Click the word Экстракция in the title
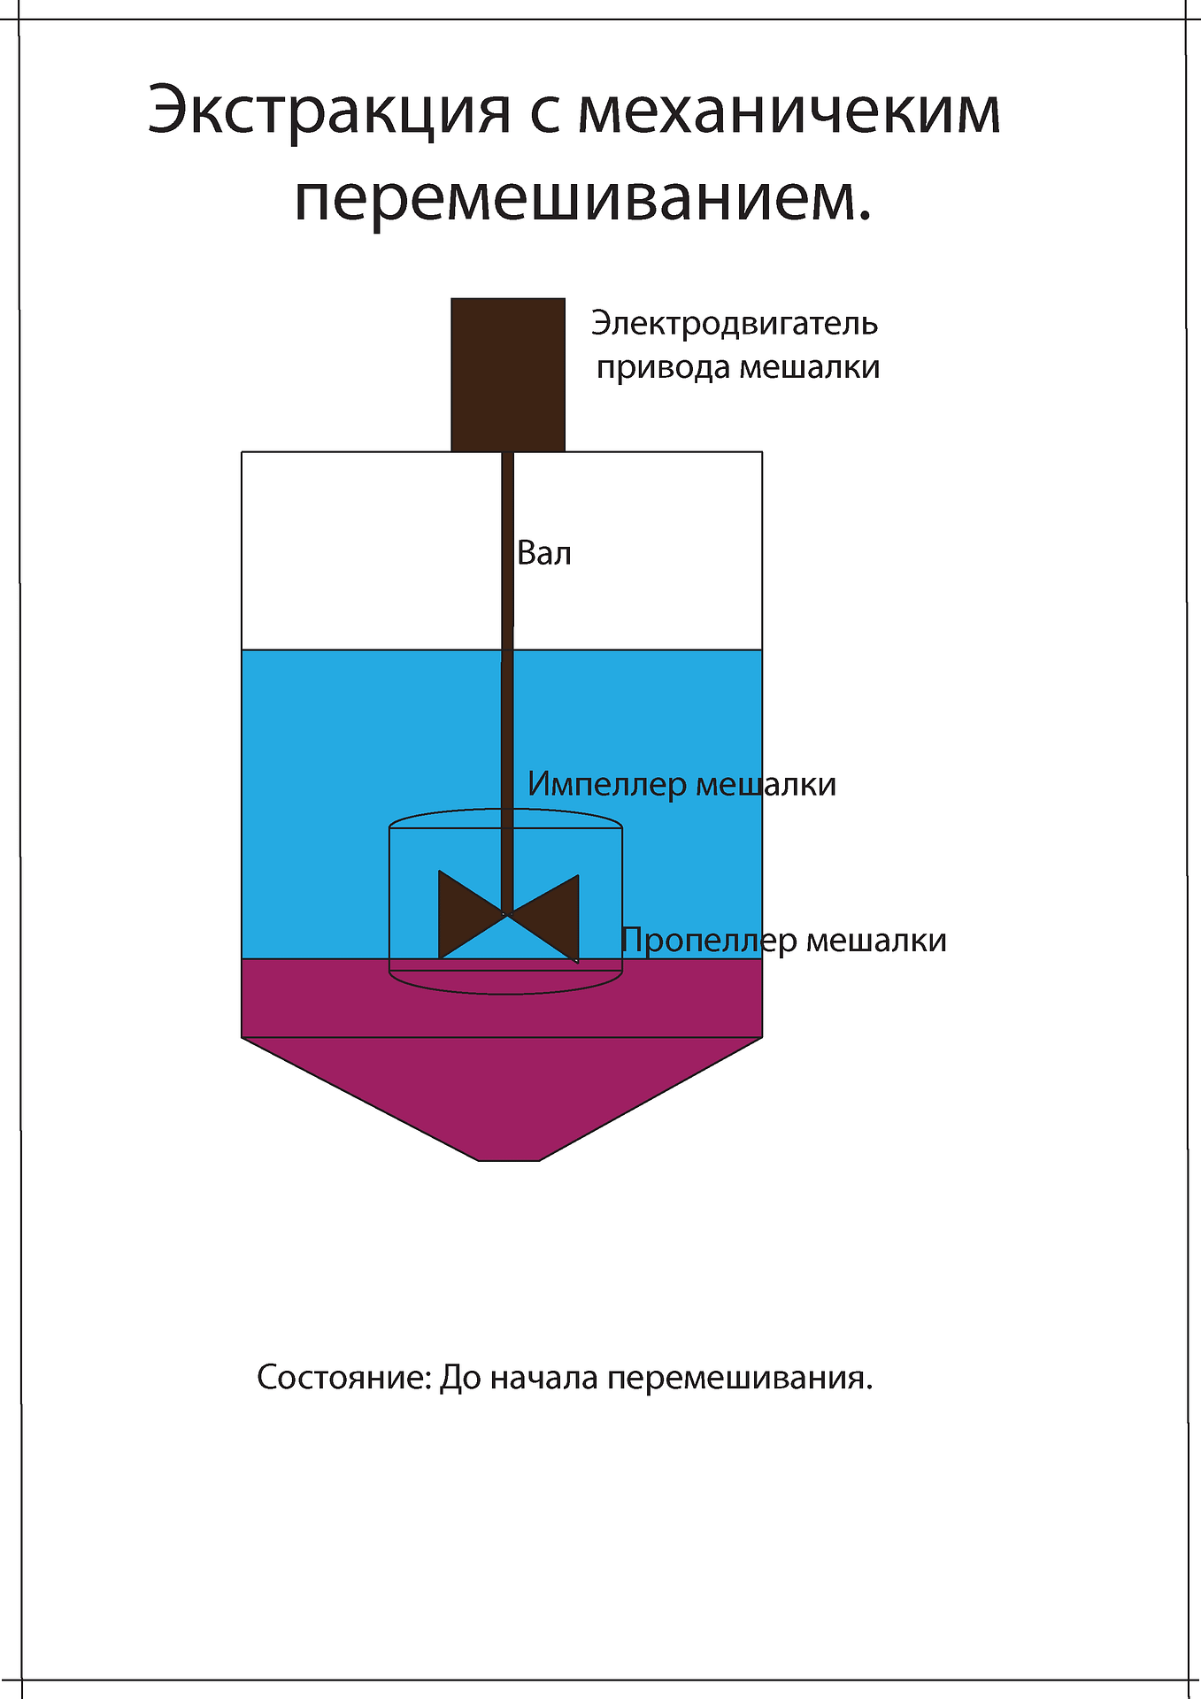[x=329, y=111]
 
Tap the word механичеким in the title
[x=789, y=111]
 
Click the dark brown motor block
[x=508, y=374]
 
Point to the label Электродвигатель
[x=735, y=324]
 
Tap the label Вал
[x=544, y=554]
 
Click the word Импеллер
[x=606, y=785]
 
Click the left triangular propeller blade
[x=465, y=914]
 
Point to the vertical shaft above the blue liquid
[x=508, y=550]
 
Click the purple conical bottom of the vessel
[x=502, y=1097]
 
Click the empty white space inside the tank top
[x=372, y=550]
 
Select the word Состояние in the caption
[x=343, y=1378]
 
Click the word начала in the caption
[x=543, y=1379]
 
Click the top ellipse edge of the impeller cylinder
[x=506, y=809]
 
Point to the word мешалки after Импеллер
[x=766, y=785]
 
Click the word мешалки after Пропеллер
[x=876, y=941]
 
